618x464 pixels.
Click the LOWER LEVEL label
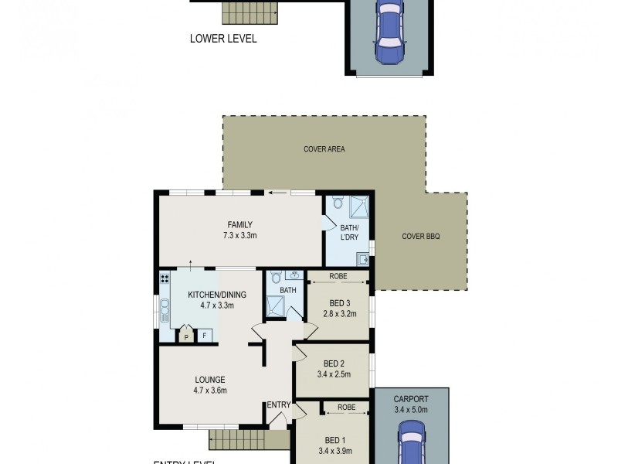(223, 38)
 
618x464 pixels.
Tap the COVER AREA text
(324, 149)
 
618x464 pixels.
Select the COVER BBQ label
(421, 237)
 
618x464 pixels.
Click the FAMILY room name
(239, 225)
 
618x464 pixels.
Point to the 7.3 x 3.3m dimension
(239, 235)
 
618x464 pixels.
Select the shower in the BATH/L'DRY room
(358, 206)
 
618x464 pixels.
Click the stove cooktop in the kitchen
(165, 278)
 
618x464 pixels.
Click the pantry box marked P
(186, 336)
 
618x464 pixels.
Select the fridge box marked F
(205, 336)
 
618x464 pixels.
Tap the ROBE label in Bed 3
(338, 276)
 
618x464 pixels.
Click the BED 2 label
(334, 363)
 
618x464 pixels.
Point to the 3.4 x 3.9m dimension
(334, 450)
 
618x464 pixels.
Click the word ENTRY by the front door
(278, 405)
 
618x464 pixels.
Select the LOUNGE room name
(209, 380)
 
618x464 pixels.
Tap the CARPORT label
(410, 399)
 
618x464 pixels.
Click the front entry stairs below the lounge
(238, 440)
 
